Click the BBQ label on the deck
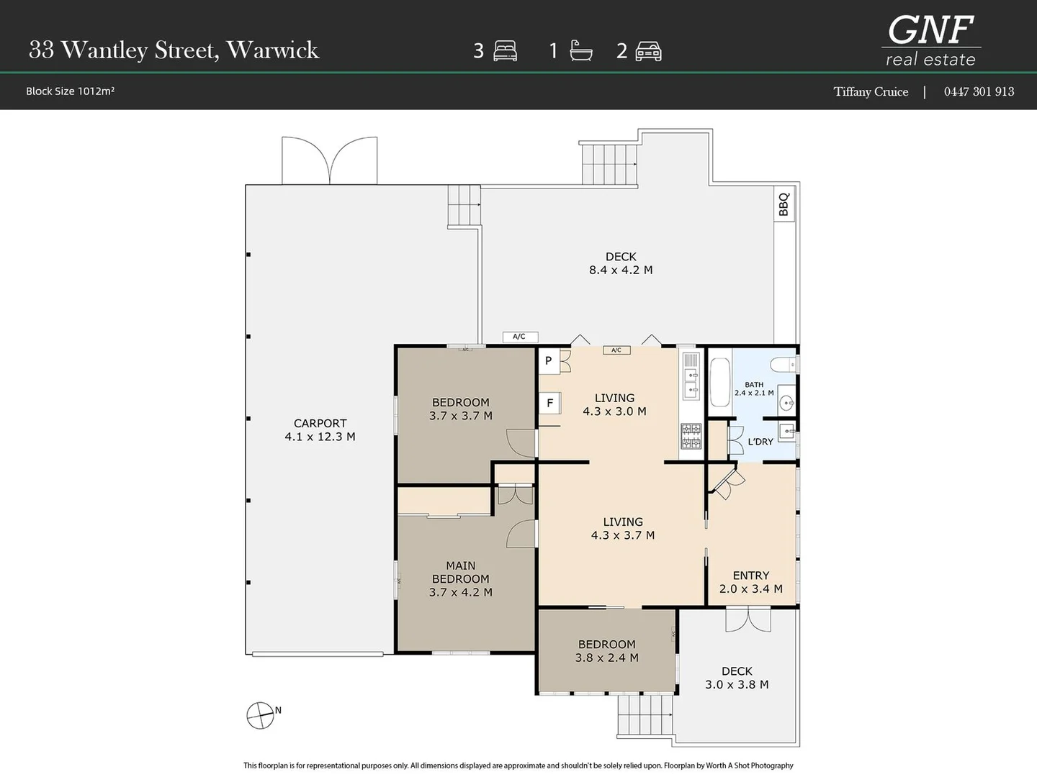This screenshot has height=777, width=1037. click(x=784, y=204)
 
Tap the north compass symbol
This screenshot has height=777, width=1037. click(x=260, y=715)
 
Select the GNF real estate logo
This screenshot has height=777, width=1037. click(x=930, y=41)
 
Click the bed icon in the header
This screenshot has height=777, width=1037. click(x=505, y=51)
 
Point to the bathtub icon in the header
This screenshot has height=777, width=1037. click(x=580, y=50)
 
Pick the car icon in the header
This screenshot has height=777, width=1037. click(x=648, y=51)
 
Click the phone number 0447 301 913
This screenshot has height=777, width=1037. click(x=979, y=91)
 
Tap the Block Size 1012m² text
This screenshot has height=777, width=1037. click(x=70, y=91)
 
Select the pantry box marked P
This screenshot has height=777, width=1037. click(x=549, y=361)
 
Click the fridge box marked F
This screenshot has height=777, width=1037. click(x=550, y=404)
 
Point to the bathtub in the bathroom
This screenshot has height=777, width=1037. click(x=720, y=382)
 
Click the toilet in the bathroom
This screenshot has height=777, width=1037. click(x=784, y=364)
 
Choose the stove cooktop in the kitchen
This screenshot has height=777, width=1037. click(x=691, y=436)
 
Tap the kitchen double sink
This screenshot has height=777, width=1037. click(x=691, y=383)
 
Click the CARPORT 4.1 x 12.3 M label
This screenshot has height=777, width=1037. click(x=320, y=430)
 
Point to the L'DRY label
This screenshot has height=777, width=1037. click(x=760, y=442)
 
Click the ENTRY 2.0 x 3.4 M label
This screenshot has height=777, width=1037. click(x=750, y=582)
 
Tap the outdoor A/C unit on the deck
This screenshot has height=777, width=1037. click(x=520, y=337)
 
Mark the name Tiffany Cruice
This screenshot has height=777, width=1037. click(x=871, y=91)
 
